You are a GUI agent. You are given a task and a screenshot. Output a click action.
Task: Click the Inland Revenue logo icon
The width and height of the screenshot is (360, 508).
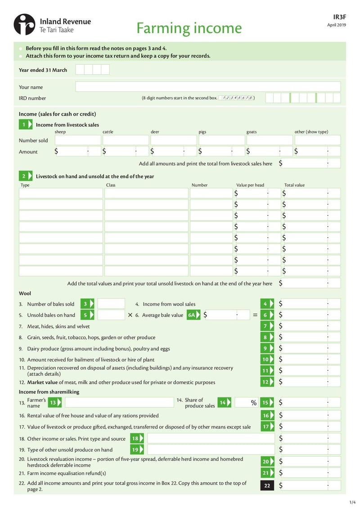click(x=24, y=24)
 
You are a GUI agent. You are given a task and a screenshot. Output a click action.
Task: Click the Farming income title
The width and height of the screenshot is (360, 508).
click(x=189, y=28)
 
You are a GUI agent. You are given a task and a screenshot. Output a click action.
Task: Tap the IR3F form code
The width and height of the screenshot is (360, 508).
click(x=340, y=16)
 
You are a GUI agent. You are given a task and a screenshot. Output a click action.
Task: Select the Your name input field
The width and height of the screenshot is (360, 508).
click(x=208, y=87)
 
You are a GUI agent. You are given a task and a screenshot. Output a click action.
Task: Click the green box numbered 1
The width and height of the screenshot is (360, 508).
click(x=25, y=125)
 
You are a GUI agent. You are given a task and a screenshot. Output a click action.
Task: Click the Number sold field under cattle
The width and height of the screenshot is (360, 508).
click(x=126, y=140)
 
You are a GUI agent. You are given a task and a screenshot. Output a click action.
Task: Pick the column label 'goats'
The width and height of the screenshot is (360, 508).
click(x=252, y=132)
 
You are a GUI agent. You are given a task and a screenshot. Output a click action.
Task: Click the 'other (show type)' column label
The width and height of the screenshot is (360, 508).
click(x=311, y=132)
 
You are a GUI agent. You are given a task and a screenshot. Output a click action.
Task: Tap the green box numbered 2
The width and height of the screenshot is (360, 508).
click(x=25, y=176)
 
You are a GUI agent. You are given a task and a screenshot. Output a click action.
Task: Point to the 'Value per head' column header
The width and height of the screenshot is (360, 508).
click(x=250, y=185)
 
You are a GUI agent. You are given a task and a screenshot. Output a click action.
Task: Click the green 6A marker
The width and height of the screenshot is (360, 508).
click(x=193, y=315)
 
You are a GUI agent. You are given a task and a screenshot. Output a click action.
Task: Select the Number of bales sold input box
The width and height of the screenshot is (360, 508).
click(x=111, y=304)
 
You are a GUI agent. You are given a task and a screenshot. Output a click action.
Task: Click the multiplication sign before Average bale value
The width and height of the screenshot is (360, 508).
click(x=130, y=315)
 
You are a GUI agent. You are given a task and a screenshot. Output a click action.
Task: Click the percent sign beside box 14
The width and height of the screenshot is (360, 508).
click(x=254, y=403)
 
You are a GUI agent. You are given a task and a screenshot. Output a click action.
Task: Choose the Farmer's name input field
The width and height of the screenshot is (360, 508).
click(x=119, y=402)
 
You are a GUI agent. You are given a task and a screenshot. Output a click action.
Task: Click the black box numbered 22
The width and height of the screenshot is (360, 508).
click(x=267, y=486)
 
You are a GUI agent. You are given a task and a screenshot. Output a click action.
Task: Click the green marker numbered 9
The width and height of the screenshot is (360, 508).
click(x=267, y=348)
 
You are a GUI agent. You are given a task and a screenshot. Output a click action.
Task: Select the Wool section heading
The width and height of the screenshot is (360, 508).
click(x=25, y=293)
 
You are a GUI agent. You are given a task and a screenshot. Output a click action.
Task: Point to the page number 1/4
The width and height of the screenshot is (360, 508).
click(x=352, y=501)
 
